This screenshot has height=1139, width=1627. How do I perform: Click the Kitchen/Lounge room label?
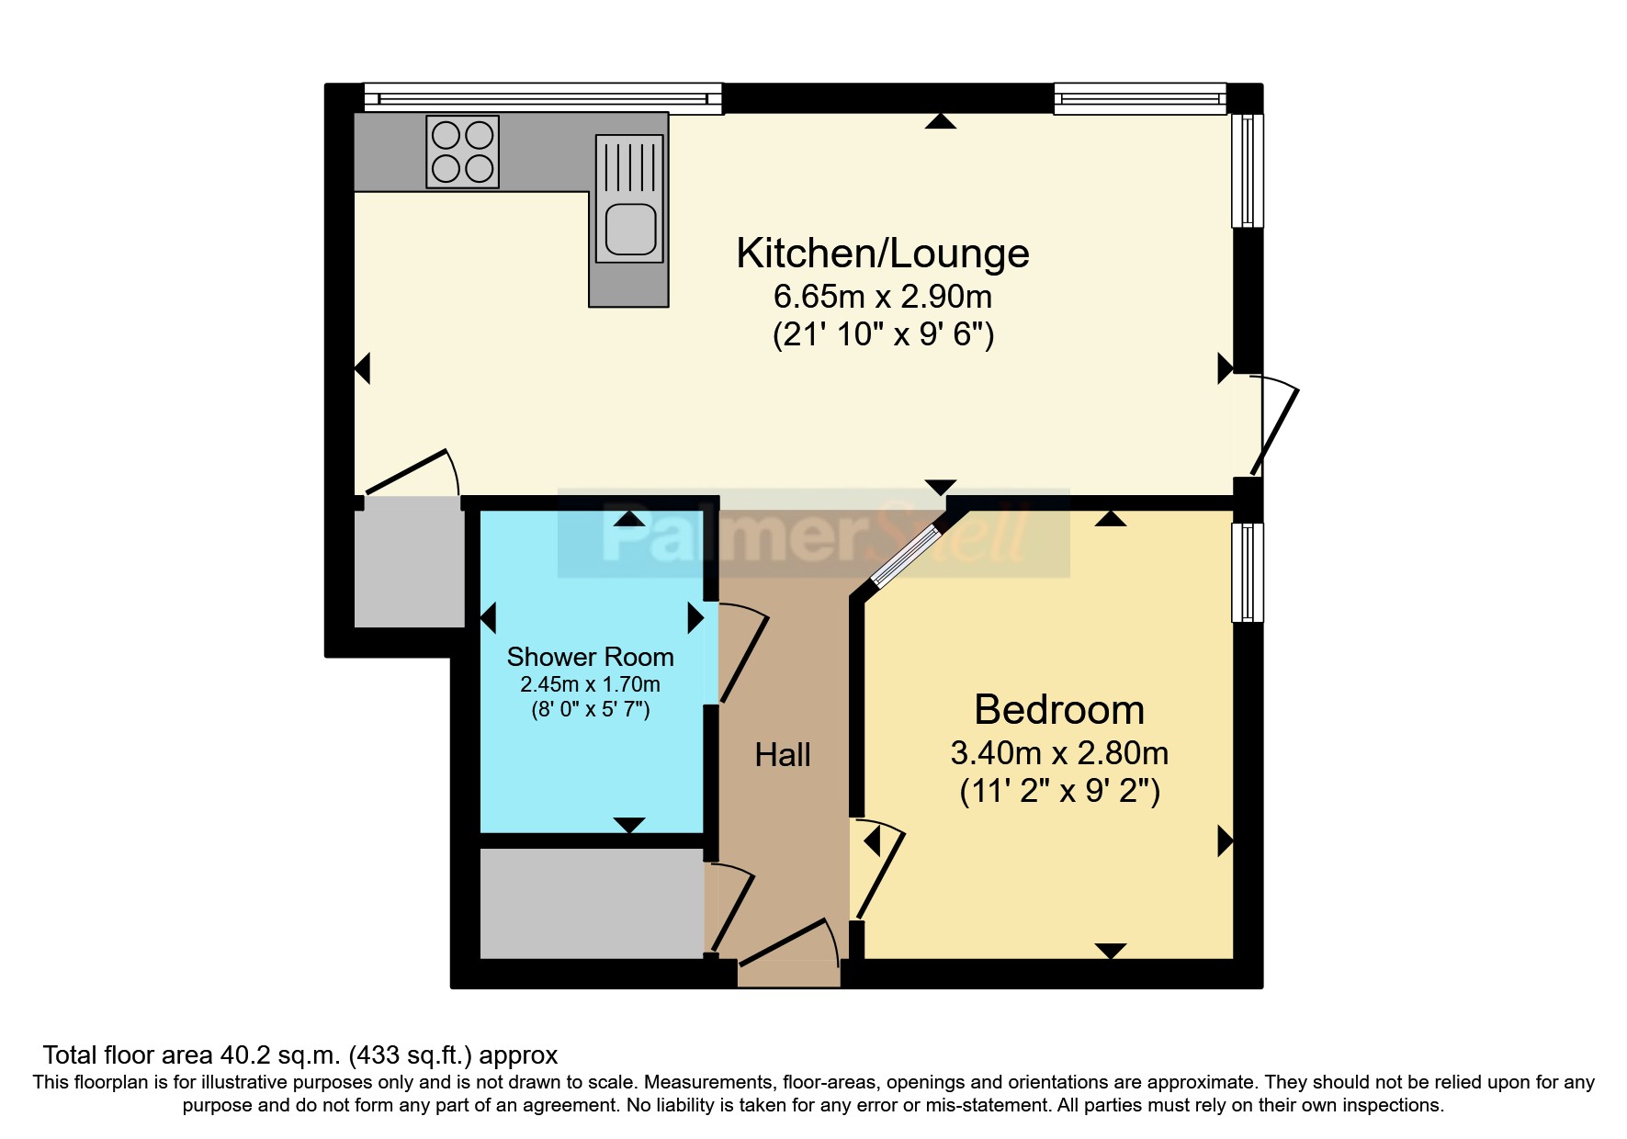click(882, 254)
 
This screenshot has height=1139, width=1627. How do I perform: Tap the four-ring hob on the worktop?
click(463, 152)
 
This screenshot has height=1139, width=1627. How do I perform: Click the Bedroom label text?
click(1059, 709)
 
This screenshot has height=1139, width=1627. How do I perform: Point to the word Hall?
click(782, 755)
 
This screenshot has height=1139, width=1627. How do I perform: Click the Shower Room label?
click(590, 657)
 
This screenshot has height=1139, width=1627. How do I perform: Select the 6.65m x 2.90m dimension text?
click(882, 297)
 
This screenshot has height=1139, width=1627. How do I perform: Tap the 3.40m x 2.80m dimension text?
click(1059, 753)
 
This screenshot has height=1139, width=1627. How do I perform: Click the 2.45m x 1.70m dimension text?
click(590, 684)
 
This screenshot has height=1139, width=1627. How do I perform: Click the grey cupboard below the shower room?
click(592, 903)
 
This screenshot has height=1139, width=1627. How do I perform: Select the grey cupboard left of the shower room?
click(409, 562)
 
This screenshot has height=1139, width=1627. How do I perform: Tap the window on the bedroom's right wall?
click(1247, 572)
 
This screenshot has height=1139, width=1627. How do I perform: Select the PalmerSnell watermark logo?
click(813, 534)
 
